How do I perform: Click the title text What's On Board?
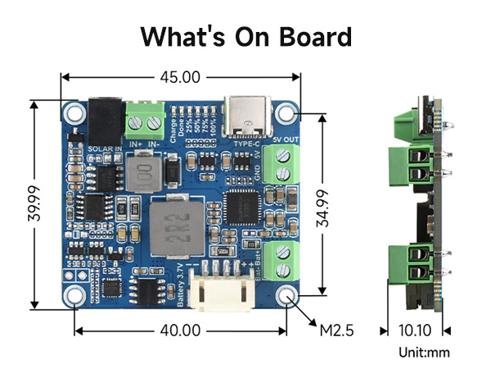click(245, 37)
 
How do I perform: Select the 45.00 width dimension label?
click(180, 77)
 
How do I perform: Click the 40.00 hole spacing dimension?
click(180, 330)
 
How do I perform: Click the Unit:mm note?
click(424, 353)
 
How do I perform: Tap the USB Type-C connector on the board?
click(245, 116)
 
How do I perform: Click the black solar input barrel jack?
click(105, 121)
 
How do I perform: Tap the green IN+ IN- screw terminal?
click(143, 122)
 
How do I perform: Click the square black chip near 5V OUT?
click(241, 204)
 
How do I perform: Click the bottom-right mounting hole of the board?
click(287, 295)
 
